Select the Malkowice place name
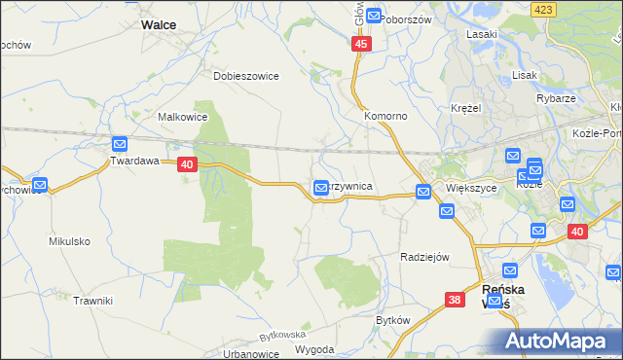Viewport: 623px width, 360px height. [x=182, y=117]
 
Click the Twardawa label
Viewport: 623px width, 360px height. [x=133, y=162]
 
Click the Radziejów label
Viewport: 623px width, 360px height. [x=424, y=257]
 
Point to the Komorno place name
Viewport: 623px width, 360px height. [x=385, y=115]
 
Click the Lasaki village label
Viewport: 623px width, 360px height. [x=481, y=34]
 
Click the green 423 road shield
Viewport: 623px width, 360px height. [x=543, y=8]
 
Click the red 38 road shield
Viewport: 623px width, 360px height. [x=455, y=300]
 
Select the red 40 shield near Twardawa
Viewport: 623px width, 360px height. [x=189, y=165]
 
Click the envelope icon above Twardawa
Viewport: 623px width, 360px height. [x=120, y=143]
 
